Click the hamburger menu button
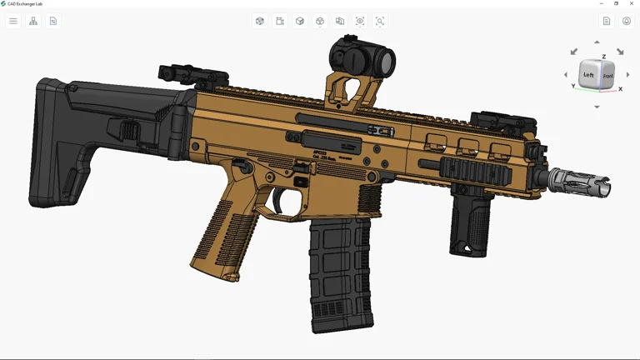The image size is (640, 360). tap(13, 21)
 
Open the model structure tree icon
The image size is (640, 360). tap(33, 21)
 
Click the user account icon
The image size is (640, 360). tap(627, 21)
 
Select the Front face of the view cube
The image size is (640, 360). tap(608, 77)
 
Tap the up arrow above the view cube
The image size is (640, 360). tap(597, 42)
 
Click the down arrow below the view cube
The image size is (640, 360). tap(597, 107)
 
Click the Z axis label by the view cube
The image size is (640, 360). tap(604, 57)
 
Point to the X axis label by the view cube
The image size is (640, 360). tap(620, 89)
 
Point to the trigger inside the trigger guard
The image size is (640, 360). tap(278, 201)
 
